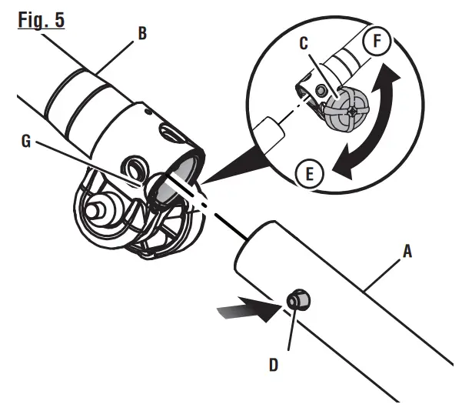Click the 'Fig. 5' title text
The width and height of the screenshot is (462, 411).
point(38,17)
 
